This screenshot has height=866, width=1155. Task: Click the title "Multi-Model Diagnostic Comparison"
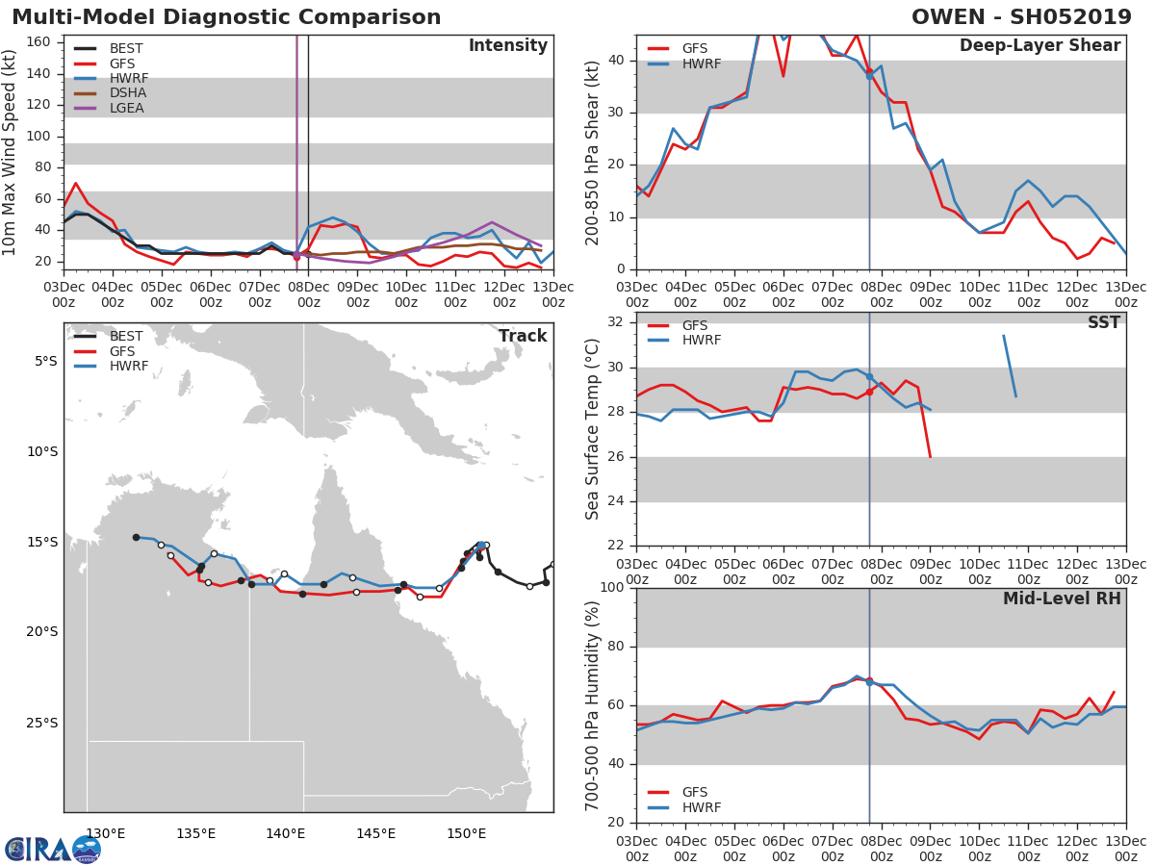click(226, 17)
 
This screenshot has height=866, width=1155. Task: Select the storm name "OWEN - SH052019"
click(1021, 17)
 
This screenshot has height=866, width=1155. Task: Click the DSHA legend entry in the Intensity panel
click(111, 93)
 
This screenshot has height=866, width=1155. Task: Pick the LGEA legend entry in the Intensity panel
click(109, 109)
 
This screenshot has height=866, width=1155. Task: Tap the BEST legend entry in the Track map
click(109, 336)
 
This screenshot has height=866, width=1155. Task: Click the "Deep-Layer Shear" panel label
click(1040, 46)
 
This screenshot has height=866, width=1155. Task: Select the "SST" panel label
click(1104, 322)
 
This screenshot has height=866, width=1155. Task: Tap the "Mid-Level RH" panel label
click(1062, 599)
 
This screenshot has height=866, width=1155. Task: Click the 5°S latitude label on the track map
click(46, 362)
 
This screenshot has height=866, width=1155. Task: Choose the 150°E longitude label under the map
click(466, 834)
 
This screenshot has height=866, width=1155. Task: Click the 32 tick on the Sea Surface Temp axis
click(616, 321)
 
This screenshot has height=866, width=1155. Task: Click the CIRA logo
click(53, 850)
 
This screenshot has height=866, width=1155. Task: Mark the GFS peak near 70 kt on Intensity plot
click(76, 183)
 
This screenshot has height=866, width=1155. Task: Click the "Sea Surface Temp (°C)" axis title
click(592, 429)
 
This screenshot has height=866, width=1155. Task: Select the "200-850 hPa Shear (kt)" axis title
click(592, 153)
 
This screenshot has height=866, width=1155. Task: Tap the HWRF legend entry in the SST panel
click(684, 341)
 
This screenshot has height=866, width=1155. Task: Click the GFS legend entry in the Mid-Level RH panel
click(678, 792)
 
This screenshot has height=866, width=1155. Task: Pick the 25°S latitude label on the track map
click(42, 723)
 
